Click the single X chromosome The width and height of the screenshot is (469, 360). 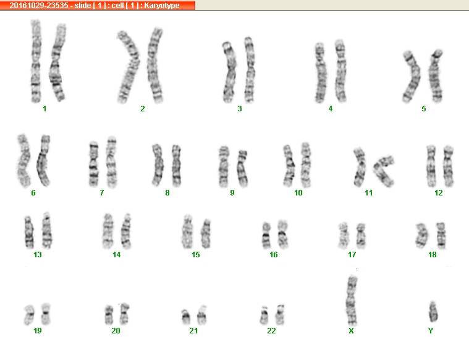pos(352,301)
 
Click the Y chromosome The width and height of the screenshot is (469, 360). pos(433,311)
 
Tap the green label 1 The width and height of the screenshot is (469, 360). pos(44,109)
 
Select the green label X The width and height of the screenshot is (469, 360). pos(351,331)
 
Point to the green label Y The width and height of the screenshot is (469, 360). pos(431,331)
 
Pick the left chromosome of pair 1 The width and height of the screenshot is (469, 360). pos(36,61)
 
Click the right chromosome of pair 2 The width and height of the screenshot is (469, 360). pos(155,66)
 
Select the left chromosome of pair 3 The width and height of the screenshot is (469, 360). pos(229,72)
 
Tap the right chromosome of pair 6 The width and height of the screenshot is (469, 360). pos(43,160)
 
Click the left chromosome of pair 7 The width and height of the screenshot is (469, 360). pos(94,163)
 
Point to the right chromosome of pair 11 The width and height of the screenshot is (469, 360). pos(384,170)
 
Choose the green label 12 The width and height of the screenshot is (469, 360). pos(439,193)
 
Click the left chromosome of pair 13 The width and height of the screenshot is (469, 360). pos(29,232)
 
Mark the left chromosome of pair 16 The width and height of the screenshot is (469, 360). pos(266,236)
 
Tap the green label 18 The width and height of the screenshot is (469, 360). pos(432,255)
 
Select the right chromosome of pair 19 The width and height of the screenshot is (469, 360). pos(46,314)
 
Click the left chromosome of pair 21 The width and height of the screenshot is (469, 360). pos(186,317)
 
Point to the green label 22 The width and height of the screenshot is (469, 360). pos(271,331)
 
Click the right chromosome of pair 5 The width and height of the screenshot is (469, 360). pos(436,76)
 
